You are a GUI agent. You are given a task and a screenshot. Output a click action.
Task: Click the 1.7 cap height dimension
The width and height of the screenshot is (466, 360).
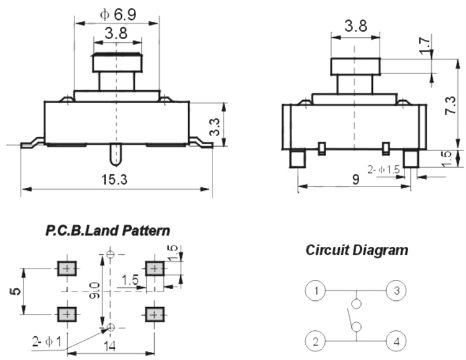(x=424, y=45)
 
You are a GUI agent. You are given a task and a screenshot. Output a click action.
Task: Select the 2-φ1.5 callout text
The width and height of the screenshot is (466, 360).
(x=383, y=168)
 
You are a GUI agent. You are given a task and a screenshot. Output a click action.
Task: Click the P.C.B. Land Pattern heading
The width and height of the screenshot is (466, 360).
(x=107, y=231)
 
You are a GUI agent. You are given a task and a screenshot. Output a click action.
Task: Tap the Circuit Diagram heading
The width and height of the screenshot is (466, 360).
(x=357, y=250)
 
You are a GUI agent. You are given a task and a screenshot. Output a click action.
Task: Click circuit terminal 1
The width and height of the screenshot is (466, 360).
(x=316, y=290)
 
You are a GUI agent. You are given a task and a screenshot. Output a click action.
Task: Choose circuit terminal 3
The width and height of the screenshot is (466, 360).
(x=396, y=290)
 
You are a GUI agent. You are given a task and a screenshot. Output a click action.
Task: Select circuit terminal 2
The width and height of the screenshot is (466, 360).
(x=316, y=341)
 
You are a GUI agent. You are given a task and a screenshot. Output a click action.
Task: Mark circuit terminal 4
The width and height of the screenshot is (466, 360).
(x=396, y=341)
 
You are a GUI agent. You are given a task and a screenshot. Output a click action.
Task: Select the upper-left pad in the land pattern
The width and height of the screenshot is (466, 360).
(x=66, y=269)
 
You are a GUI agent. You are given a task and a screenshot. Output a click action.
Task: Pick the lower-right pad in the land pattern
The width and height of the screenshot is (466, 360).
(x=153, y=314)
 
